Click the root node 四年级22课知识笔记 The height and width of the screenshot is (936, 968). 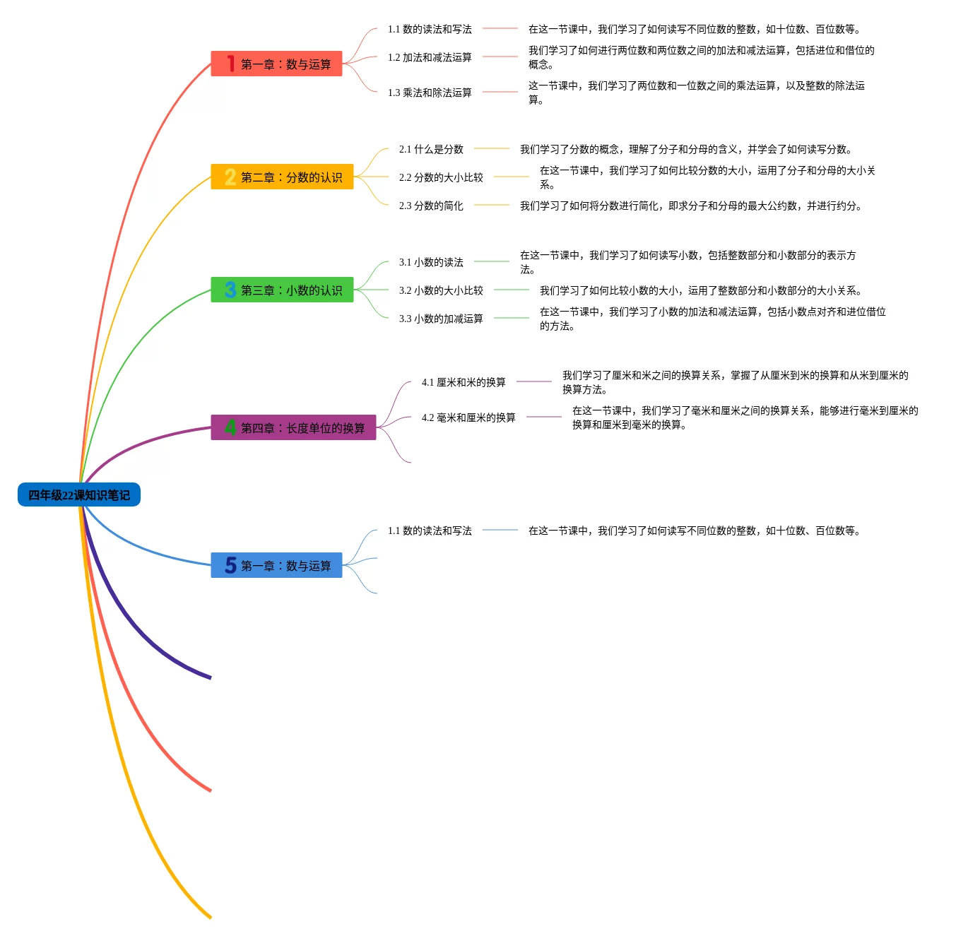(x=79, y=495)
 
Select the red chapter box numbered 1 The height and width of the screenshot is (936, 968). (x=276, y=64)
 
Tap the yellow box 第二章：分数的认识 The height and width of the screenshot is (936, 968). (x=282, y=177)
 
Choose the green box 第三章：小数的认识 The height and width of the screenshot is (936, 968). (x=282, y=290)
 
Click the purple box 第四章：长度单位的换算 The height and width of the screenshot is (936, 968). (x=293, y=428)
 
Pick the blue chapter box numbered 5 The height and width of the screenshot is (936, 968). (x=276, y=566)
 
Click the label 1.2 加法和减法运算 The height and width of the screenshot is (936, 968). (x=430, y=58)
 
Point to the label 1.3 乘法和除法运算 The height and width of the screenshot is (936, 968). (x=430, y=93)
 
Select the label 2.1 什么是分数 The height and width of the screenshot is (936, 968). (x=431, y=150)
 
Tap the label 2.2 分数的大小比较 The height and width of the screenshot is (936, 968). (x=441, y=178)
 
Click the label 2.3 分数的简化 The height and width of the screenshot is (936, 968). (x=431, y=206)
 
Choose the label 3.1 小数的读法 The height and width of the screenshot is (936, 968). (x=431, y=263)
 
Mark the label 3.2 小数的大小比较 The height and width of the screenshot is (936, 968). (x=441, y=291)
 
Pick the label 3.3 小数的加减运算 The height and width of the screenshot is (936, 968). (x=441, y=319)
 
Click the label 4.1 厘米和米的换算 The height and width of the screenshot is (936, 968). (x=464, y=383)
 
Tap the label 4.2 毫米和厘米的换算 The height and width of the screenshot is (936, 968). (x=468, y=418)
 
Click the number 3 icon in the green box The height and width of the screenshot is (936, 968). (x=230, y=290)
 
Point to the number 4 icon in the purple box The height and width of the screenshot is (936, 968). (x=230, y=427)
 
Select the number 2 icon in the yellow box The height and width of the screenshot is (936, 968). (x=230, y=177)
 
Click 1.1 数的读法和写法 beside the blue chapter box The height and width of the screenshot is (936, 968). (x=430, y=531)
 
